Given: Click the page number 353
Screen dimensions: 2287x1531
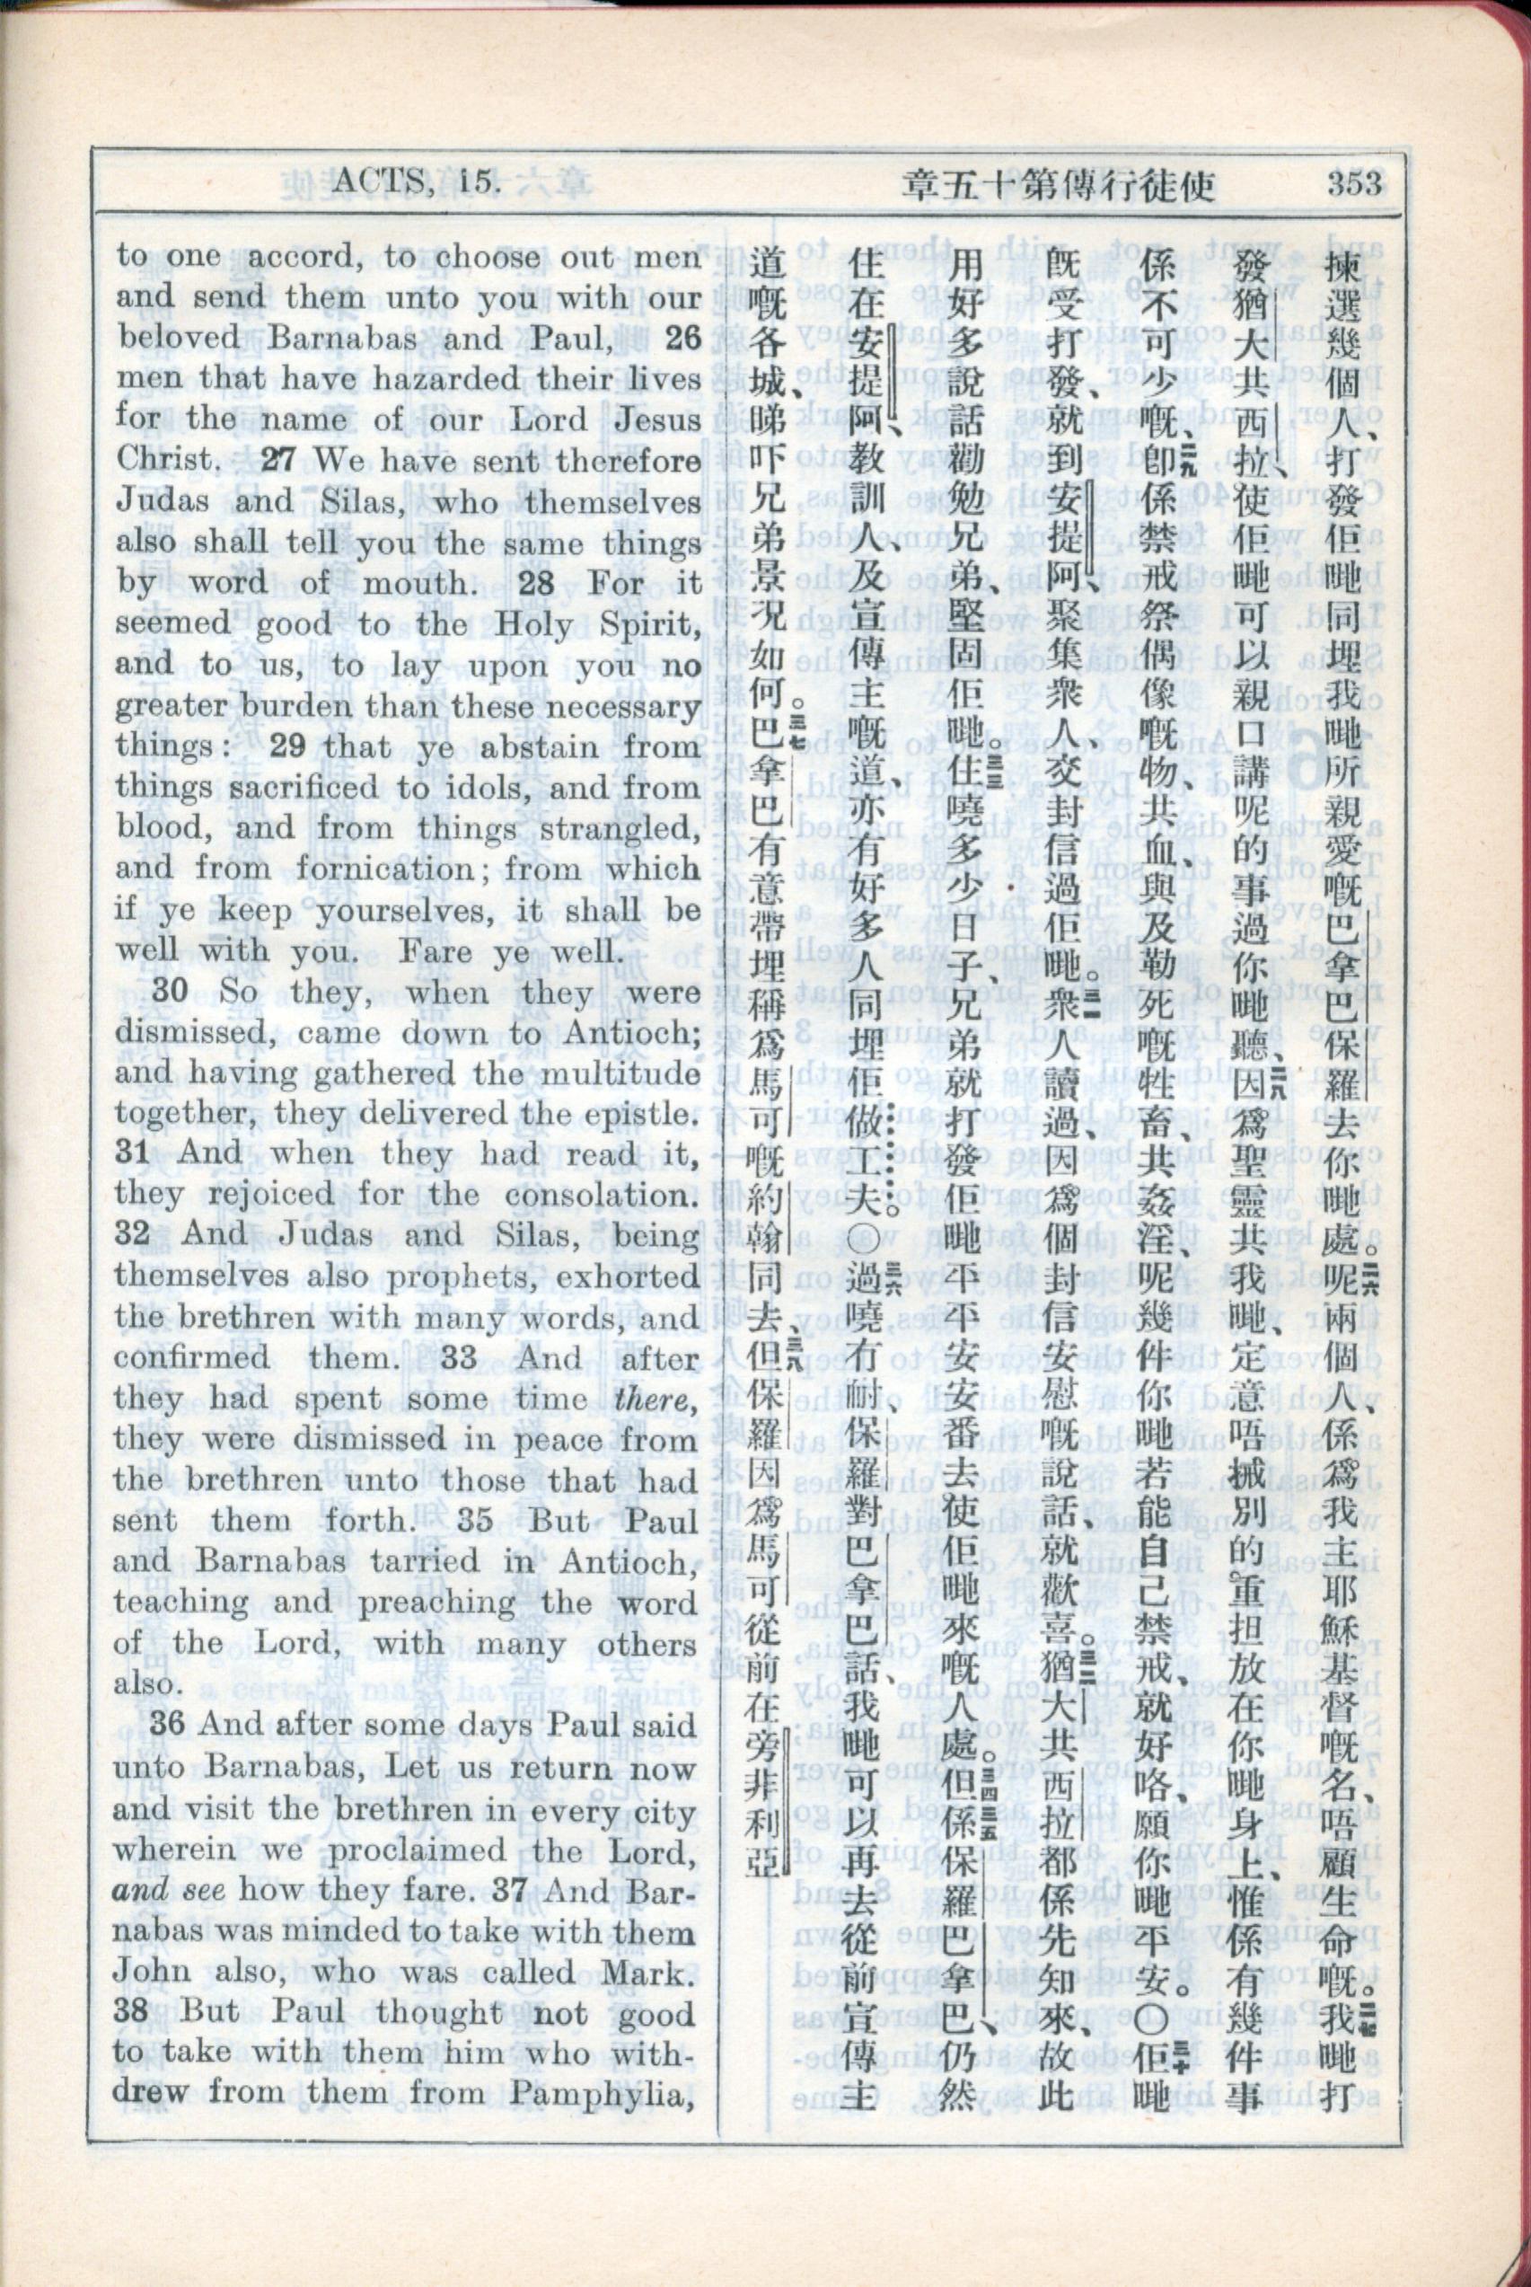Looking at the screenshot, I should [1353, 182].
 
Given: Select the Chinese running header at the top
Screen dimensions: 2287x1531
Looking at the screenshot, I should [1059, 183].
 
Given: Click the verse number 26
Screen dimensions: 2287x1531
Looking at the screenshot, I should [682, 338].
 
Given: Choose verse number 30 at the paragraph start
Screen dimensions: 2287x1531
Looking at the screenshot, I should [169, 990].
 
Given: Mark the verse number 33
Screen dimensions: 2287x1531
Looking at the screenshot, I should [460, 1357].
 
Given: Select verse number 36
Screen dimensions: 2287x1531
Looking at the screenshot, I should [167, 1725].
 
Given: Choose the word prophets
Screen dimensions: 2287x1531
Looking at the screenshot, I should [423, 1276].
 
